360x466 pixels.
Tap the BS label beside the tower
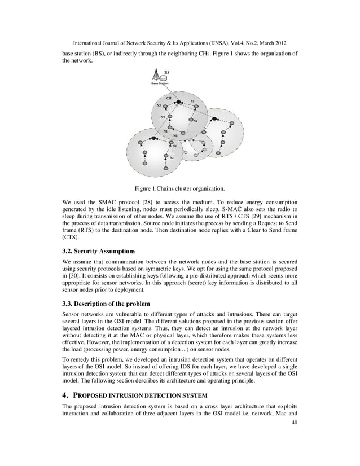tap(166, 72)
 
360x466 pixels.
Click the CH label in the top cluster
tap(168, 98)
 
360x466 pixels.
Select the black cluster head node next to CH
tap(179, 103)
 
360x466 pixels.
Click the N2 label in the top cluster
tap(163, 117)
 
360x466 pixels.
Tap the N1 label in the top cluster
tap(165, 131)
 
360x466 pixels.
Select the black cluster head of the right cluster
tap(214, 119)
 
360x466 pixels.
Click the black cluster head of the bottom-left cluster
tap(153, 138)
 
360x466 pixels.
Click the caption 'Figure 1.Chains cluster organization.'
tap(179, 188)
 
